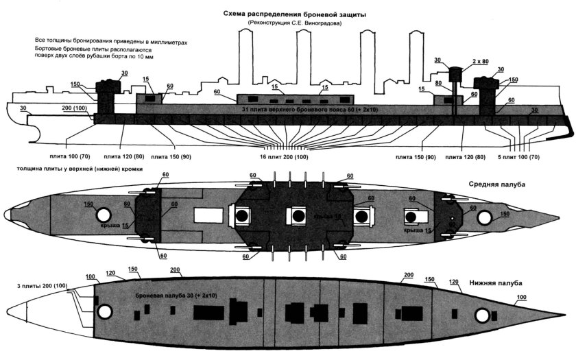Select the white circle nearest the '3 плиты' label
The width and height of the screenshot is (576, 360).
[104, 312]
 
